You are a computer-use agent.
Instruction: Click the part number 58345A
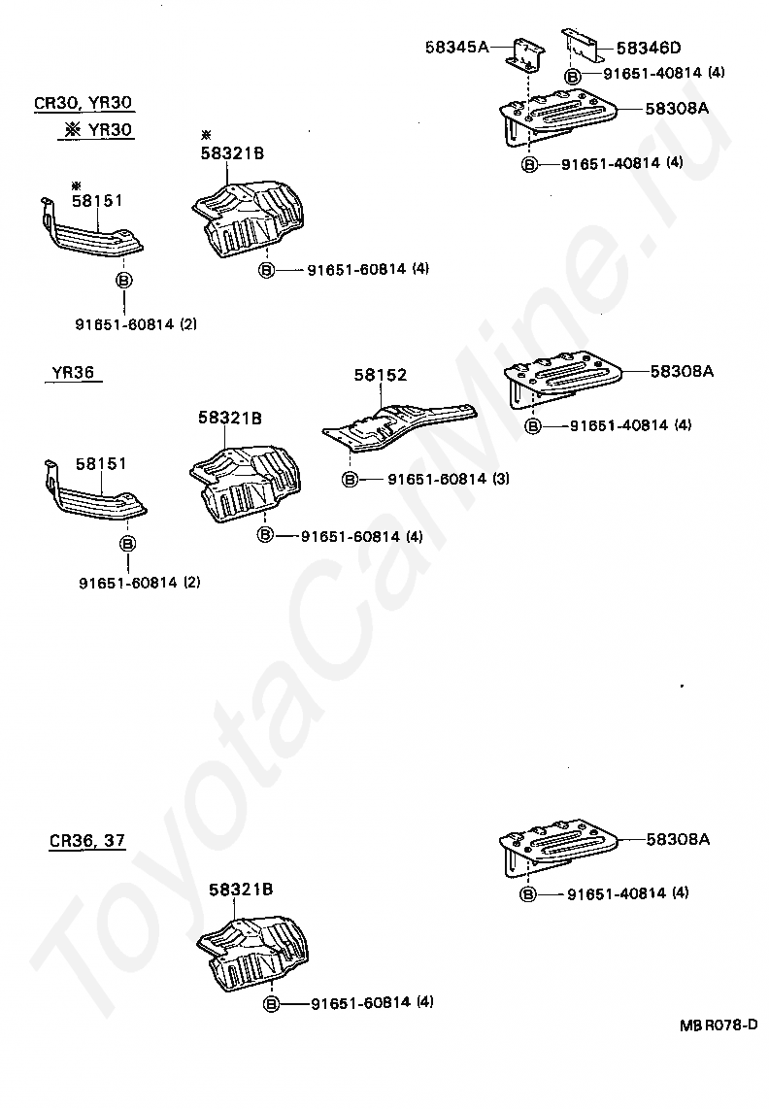457,46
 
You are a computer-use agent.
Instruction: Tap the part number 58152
380,374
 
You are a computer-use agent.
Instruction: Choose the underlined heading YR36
72,372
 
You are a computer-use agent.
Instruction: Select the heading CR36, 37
87,841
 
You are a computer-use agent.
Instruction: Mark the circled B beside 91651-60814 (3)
350,479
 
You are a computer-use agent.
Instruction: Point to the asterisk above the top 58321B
205,134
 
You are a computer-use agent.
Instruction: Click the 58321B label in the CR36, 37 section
240,889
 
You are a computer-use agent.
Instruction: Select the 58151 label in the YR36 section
101,464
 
